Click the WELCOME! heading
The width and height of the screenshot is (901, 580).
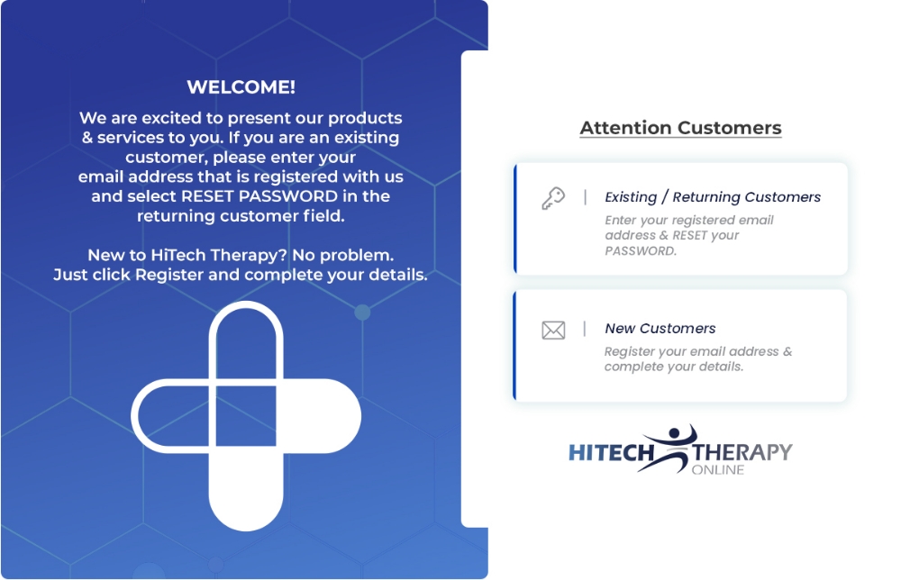pyautogui.click(x=241, y=87)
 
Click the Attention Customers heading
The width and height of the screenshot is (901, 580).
pyautogui.click(x=680, y=128)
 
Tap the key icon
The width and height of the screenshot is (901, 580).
pyautogui.click(x=553, y=198)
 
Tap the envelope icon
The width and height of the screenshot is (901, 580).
pyautogui.click(x=553, y=331)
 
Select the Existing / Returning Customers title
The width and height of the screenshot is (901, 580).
pyautogui.click(x=713, y=197)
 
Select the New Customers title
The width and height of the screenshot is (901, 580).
pyautogui.click(x=660, y=329)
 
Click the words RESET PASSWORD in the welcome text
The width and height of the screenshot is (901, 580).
pyautogui.click(x=259, y=196)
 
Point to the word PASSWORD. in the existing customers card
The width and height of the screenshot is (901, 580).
pyautogui.click(x=641, y=251)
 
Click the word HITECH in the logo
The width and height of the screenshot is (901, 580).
pyautogui.click(x=611, y=453)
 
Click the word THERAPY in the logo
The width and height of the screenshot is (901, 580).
pyautogui.click(x=742, y=452)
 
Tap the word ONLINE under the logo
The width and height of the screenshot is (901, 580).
pyautogui.click(x=718, y=470)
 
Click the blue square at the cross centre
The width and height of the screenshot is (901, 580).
pyautogui.click(x=246, y=416)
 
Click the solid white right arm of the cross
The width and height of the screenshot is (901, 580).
pyautogui.click(x=319, y=416)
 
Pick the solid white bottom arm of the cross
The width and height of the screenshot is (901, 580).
pyautogui.click(x=246, y=488)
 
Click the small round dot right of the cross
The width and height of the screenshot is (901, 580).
pyautogui.click(x=362, y=313)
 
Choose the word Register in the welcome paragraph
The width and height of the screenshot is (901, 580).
pyautogui.click(x=169, y=275)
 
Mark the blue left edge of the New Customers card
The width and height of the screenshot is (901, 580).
pyautogui.click(x=514, y=345)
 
